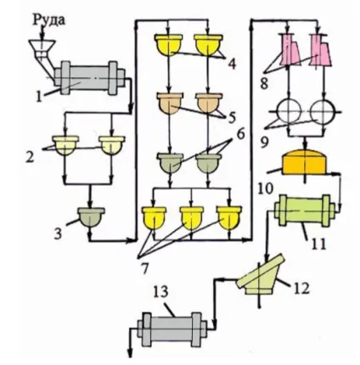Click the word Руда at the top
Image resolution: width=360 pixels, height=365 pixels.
[49, 20]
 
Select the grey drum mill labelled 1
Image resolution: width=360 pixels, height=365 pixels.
[89, 78]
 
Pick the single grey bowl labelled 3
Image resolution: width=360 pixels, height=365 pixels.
[91, 217]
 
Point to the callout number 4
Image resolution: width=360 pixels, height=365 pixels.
[232, 64]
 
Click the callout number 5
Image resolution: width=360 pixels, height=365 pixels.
[232, 118]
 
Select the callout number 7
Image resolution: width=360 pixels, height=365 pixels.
[144, 268]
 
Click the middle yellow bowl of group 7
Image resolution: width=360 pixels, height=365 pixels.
[192, 218]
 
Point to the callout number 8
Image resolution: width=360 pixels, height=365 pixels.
[264, 83]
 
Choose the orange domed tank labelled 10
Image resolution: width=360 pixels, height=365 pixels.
[305, 163]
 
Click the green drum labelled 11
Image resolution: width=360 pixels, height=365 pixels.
[304, 211]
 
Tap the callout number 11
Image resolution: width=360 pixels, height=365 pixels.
[318, 243]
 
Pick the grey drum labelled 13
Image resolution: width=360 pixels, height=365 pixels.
[172, 329]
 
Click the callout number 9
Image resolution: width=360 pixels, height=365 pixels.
[264, 143]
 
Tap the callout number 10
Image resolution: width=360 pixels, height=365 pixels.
[265, 188]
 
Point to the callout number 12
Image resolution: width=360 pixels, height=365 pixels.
[301, 289]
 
